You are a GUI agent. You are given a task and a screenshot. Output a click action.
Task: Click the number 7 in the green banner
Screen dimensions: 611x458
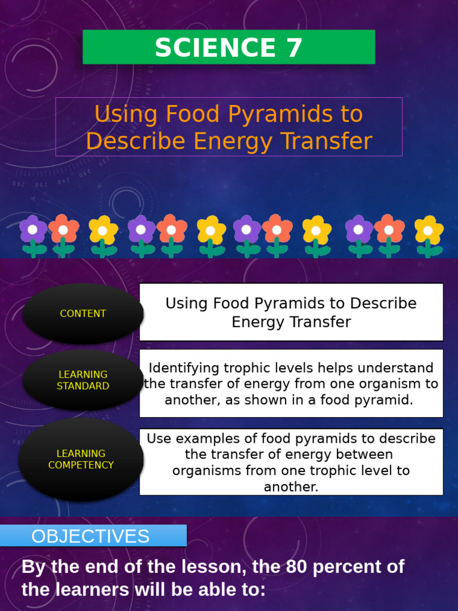pos(293,48)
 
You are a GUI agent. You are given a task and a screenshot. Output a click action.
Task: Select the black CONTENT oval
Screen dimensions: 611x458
pos(83,313)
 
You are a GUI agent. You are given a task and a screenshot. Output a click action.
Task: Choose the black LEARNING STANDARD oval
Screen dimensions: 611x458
pos(83,380)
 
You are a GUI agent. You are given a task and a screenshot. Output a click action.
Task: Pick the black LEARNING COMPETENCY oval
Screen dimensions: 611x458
pos(81,459)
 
